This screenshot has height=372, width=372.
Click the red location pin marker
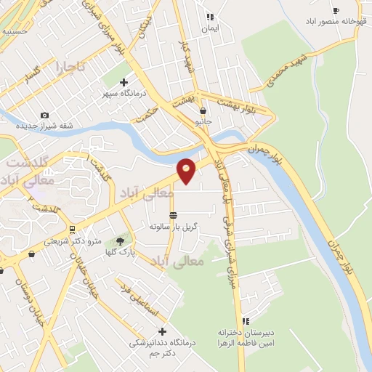point(187,171)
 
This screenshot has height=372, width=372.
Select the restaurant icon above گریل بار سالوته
point(173,215)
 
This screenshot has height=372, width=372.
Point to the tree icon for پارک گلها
point(118,241)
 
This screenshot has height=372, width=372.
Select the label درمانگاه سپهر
point(123,94)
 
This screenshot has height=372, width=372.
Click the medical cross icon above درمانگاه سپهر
point(123,82)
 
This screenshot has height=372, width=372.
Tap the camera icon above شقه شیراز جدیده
point(44,115)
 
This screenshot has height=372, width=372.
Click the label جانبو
point(203,123)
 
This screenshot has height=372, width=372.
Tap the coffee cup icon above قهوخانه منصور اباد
point(335,10)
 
